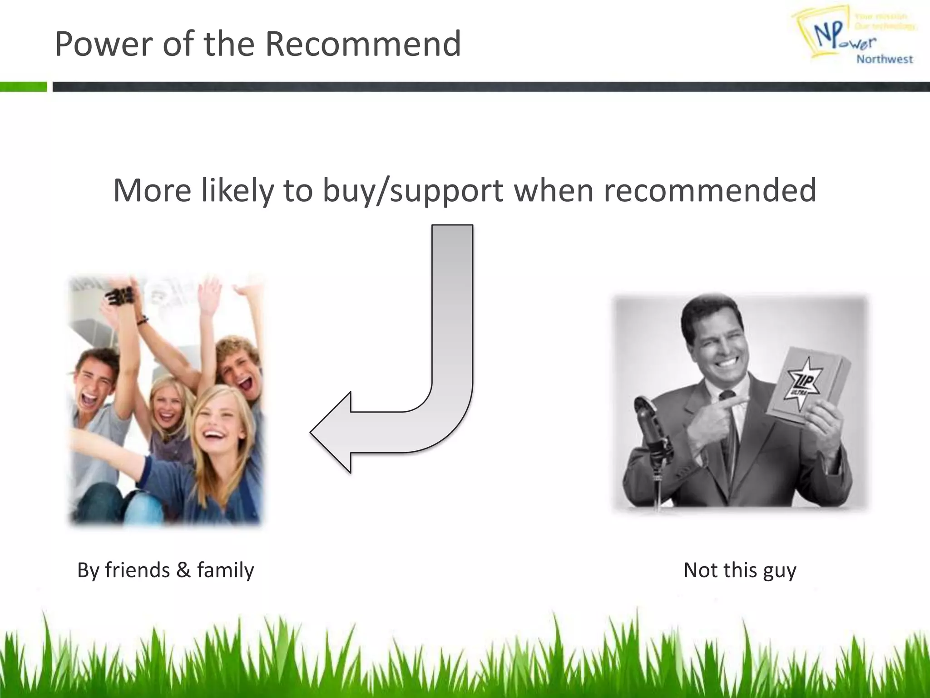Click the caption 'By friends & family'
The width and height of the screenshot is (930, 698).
pos(166,570)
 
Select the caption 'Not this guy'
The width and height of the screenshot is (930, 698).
pos(740,570)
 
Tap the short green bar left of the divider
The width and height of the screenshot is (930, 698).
pos(23,86)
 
